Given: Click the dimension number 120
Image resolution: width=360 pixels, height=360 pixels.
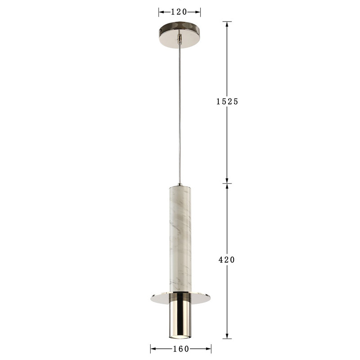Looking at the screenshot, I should click(180, 12).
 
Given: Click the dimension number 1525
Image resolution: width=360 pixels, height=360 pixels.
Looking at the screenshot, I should click(227, 102).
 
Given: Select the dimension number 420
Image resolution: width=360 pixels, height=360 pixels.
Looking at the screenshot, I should click(227, 260).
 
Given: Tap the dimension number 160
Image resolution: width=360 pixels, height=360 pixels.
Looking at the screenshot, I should click(180, 349).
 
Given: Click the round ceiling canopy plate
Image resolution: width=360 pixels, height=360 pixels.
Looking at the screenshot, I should click(180, 30).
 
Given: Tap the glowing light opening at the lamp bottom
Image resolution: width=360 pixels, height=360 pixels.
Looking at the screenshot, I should click(180, 337).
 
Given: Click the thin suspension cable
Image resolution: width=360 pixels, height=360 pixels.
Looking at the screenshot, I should click(180, 112).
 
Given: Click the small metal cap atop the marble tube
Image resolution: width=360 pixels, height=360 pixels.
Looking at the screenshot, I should click(180, 184).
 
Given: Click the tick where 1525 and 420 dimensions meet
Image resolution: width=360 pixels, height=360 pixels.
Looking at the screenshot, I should click(227, 184).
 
